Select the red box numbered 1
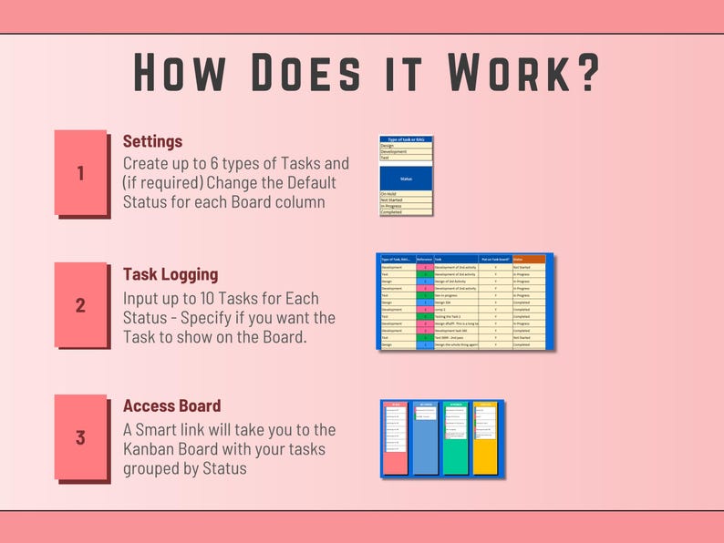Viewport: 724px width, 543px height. (80, 172)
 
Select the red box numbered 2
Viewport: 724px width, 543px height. (80, 305)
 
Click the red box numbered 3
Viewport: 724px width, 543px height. (80, 437)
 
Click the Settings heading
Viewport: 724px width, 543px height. (152, 142)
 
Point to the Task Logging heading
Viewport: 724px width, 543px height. (171, 274)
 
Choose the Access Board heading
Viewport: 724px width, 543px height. (171, 406)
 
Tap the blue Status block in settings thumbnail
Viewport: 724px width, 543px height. (406, 179)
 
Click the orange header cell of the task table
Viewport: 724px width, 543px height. (529, 259)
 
